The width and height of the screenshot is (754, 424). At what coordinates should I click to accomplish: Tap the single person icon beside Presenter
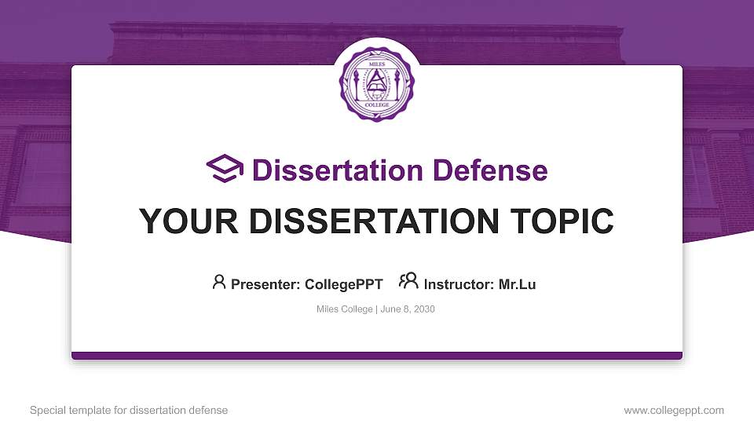click(x=219, y=283)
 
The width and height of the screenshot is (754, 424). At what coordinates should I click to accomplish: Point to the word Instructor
click(x=457, y=284)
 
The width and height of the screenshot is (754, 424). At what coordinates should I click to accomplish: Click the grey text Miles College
click(x=345, y=309)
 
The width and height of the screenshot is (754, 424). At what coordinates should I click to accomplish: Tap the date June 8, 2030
click(x=408, y=309)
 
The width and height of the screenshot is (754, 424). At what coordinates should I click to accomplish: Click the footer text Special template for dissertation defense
click(x=129, y=411)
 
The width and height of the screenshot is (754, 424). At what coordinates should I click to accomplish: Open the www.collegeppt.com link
click(x=674, y=411)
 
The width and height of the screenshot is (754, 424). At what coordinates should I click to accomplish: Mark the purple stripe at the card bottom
click(x=377, y=356)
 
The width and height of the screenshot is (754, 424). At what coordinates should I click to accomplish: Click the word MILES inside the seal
click(x=376, y=57)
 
